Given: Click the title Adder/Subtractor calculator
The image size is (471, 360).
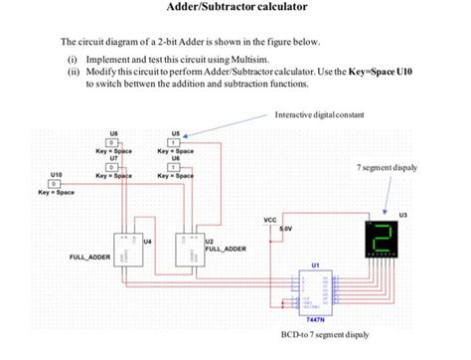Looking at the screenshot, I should click(x=235, y=8).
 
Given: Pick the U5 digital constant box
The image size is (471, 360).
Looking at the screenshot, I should click(x=174, y=144).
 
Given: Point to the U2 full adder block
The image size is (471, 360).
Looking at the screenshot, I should click(x=186, y=249).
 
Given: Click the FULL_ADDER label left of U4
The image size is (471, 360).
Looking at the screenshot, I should click(x=89, y=258).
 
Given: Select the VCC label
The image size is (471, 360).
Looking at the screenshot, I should click(x=269, y=220).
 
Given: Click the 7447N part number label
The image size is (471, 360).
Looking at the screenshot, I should click(x=315, y=320).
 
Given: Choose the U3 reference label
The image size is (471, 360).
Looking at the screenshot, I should click(x=401, y=214).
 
